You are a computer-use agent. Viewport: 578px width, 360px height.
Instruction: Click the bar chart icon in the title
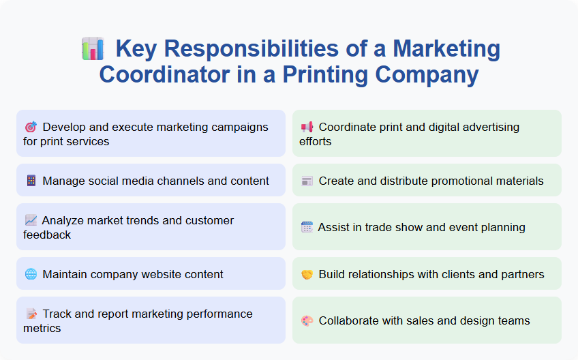tap(92, 49)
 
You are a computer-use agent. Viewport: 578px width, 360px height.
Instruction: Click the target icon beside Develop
tap(31, 127)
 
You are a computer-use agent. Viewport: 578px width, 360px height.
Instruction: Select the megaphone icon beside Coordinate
tap(307, 127)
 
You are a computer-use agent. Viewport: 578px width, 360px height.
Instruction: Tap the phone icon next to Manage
tap(31, 181)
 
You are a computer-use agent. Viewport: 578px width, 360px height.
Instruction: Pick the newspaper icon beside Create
tap(307, 181)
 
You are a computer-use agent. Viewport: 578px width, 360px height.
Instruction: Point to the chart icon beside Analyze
tap(31, 220)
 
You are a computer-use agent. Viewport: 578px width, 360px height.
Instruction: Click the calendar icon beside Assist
tap(307, 227)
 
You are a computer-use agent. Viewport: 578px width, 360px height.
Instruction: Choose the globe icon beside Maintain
tap(31, 274)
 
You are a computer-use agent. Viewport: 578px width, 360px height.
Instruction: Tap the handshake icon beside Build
tap(307, 274)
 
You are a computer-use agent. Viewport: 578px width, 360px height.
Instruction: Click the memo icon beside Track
tap(31, 314)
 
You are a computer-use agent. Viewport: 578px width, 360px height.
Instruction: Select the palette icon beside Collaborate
tap(307, 320)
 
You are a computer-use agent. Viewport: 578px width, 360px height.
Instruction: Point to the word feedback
tap(48, 235)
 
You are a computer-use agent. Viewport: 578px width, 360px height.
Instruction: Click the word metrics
tap(42, 328)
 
